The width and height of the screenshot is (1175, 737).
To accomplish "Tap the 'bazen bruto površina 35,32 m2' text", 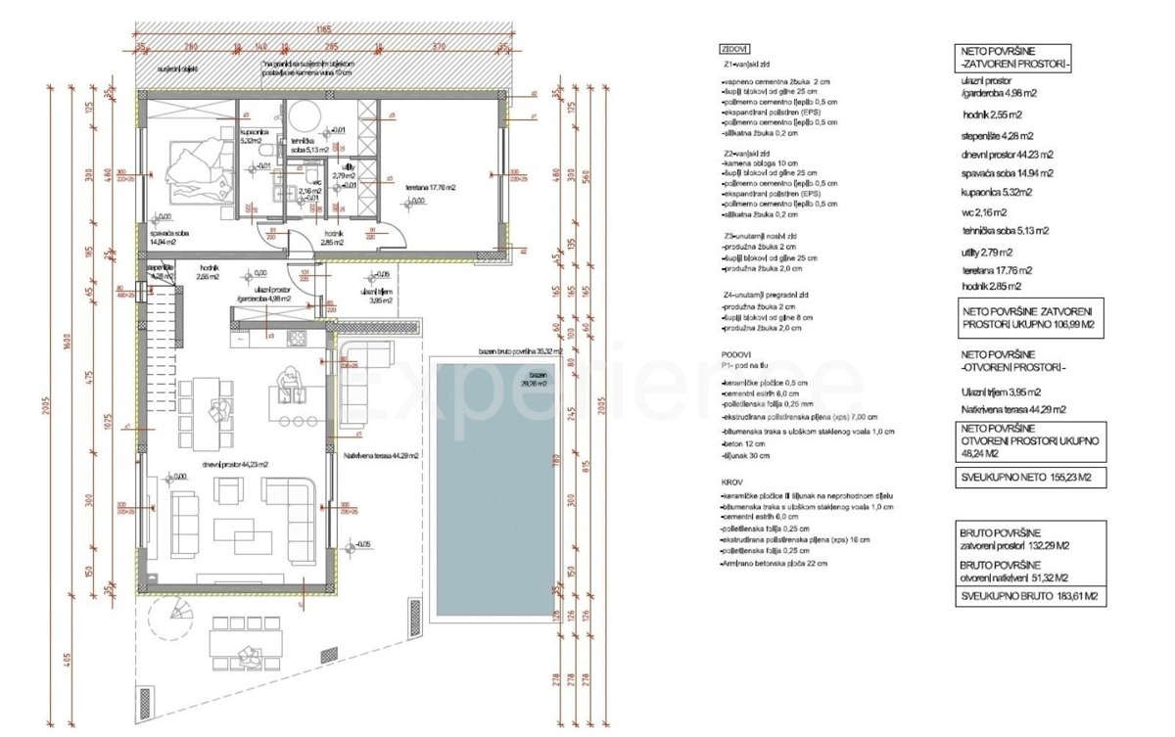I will pos(520,350).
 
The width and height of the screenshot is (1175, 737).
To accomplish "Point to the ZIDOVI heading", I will pos(734,48).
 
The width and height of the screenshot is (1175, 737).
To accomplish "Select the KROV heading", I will pos(729,483).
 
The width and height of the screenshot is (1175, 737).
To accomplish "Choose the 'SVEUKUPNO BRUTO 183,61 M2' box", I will pos(1030,596).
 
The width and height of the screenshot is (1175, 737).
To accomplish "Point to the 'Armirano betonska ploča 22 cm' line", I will pos(774,564).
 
